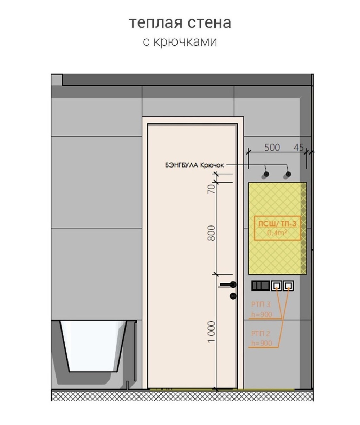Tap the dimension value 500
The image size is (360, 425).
click(x=272, y=147)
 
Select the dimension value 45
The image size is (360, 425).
click(x=298, y=148)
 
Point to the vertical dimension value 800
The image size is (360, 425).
click(x=211, y=233)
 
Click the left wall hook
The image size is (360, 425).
click(x=266, y=174)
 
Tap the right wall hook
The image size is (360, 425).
click(x=288, y=174)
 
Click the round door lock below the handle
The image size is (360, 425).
click(x=233, y=296)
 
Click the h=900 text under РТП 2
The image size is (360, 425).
click(x=262, y=343)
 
